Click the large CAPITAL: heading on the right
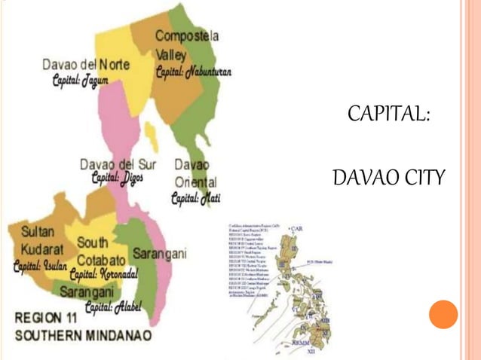(389, 115)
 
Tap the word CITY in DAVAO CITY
(422, 179)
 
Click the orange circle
(443, 314)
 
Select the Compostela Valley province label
(187, 44)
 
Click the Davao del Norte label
(85, 65)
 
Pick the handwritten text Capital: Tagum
(80, 79)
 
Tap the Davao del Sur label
(117, 164)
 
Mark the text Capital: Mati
(195, 199)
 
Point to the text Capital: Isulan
(40, 267)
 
